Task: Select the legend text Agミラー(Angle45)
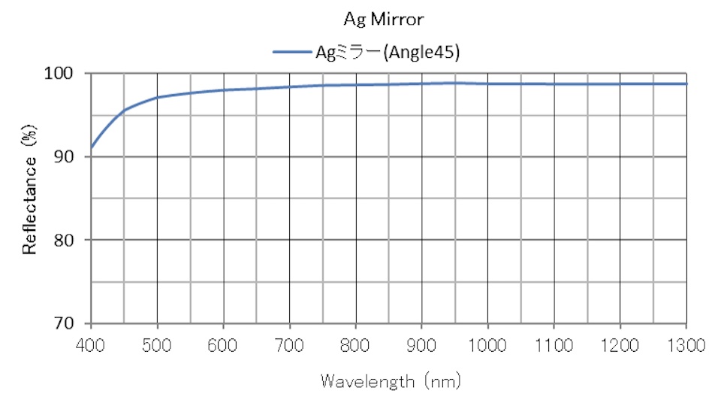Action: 386,52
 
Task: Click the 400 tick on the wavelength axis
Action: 91,345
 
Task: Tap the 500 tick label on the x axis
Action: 157,345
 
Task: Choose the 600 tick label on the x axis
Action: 223,345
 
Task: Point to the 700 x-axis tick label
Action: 289,345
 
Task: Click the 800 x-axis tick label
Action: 356,345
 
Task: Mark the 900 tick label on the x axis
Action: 422,345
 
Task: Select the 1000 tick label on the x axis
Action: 488,345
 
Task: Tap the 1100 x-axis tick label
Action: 554,345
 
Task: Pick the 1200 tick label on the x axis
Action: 620,345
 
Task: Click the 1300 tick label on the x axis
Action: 686,345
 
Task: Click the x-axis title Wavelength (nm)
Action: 391,381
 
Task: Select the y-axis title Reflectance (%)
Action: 30,198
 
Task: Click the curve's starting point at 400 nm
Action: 91,147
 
